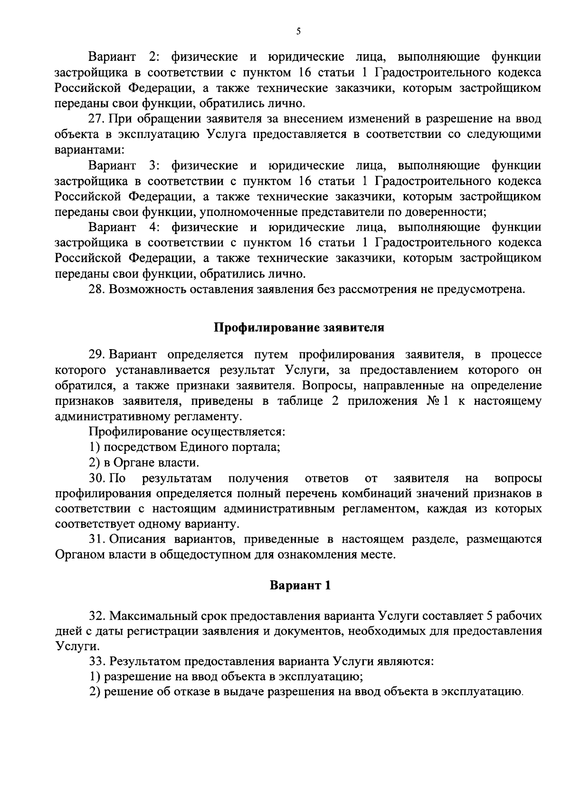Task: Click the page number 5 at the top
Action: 298,32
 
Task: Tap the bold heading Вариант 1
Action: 300,585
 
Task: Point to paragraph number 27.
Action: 98,119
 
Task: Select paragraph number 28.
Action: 98,289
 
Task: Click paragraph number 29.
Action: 98,355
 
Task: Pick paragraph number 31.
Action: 98,539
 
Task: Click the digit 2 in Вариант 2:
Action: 152,57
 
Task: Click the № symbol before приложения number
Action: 432,401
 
